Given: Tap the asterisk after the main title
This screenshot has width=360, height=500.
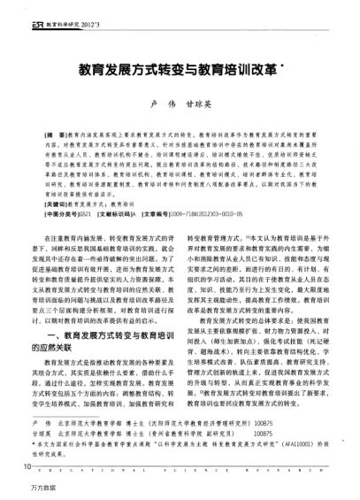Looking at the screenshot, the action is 283,64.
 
